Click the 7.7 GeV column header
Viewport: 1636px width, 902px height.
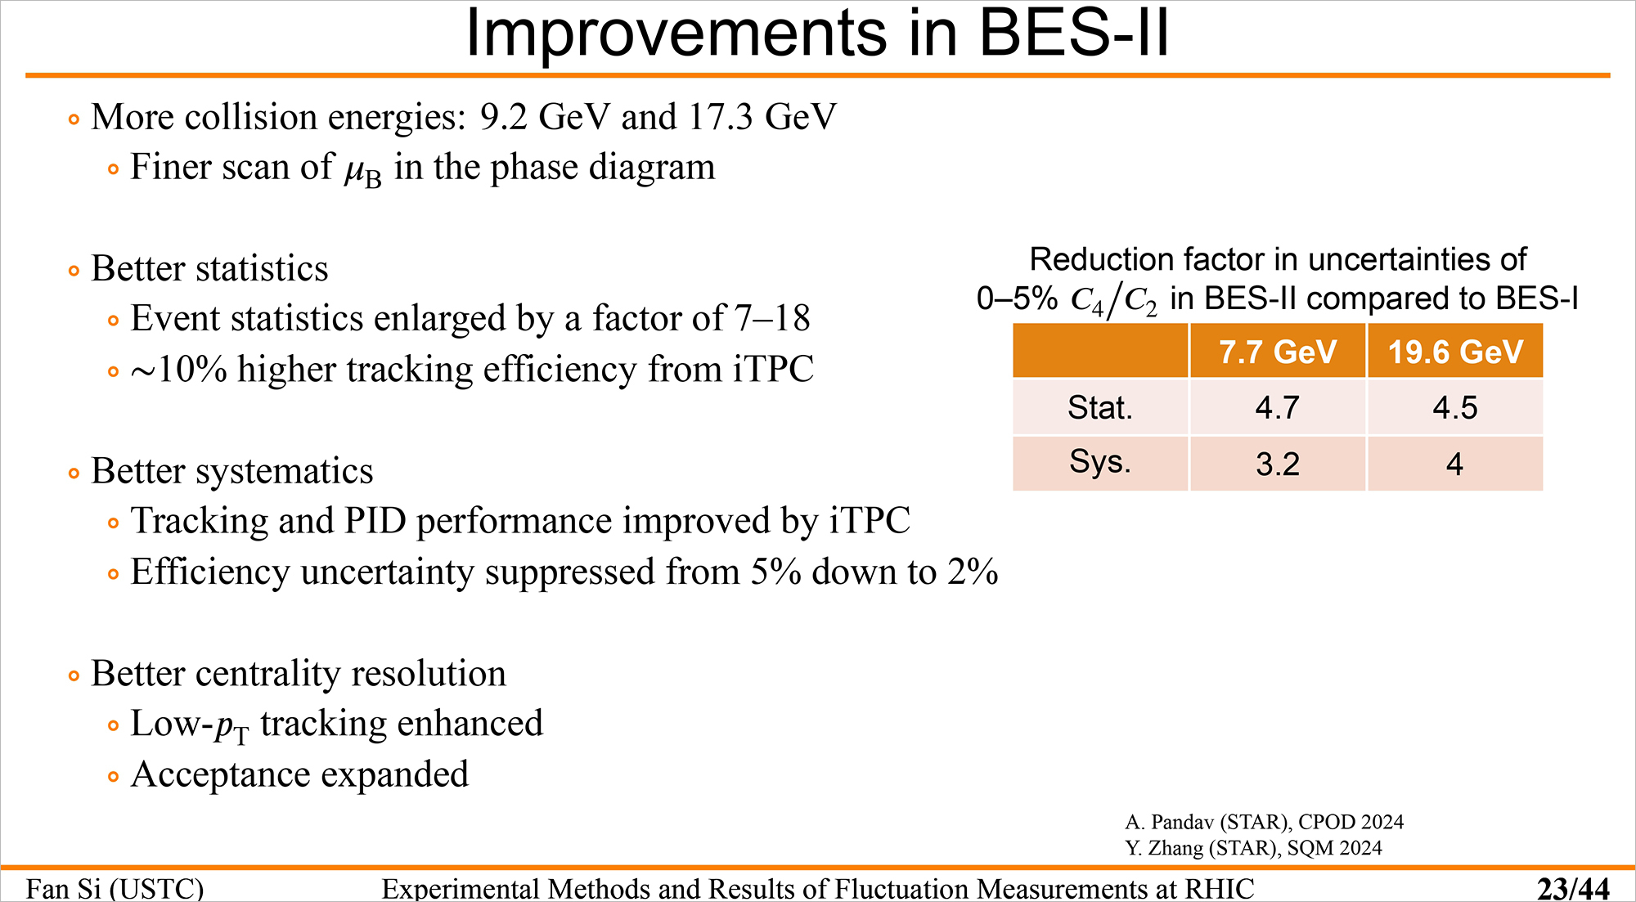tap(1278, 352)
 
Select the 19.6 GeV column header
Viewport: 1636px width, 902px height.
tap(1455, 352)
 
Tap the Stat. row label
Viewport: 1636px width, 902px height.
tap(1100, 407)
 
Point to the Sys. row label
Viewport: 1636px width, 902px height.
tap(1100, 463)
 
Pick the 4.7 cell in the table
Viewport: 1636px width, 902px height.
tap(1278, 407)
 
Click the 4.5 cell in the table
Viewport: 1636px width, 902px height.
tap(1455, 407)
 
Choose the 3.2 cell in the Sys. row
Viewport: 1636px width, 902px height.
tap(1278, 464)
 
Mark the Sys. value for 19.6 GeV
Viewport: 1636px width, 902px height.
tap(1454, 464)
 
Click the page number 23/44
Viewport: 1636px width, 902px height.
tap(1573, 888)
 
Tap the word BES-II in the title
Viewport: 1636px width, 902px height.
tap(1074, 34)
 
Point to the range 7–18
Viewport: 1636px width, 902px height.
tap(772, 318)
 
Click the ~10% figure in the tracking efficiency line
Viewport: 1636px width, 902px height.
tap(179, 370)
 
